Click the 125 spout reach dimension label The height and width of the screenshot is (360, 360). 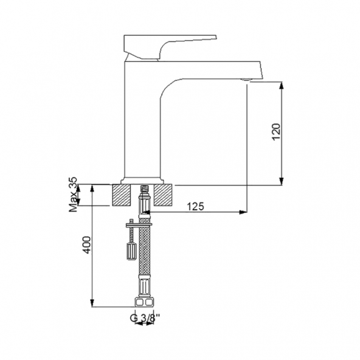[x=195, y=206]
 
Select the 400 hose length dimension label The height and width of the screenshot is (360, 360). [x=86, y=246]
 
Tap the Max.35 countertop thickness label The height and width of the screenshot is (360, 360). [x=73, y=195]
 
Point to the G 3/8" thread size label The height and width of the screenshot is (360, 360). [x=144, y=316]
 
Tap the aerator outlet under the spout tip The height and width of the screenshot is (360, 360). [x=246, y=80]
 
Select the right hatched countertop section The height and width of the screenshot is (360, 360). [x=164, y=195]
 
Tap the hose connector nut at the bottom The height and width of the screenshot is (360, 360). [x=144, y=302]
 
